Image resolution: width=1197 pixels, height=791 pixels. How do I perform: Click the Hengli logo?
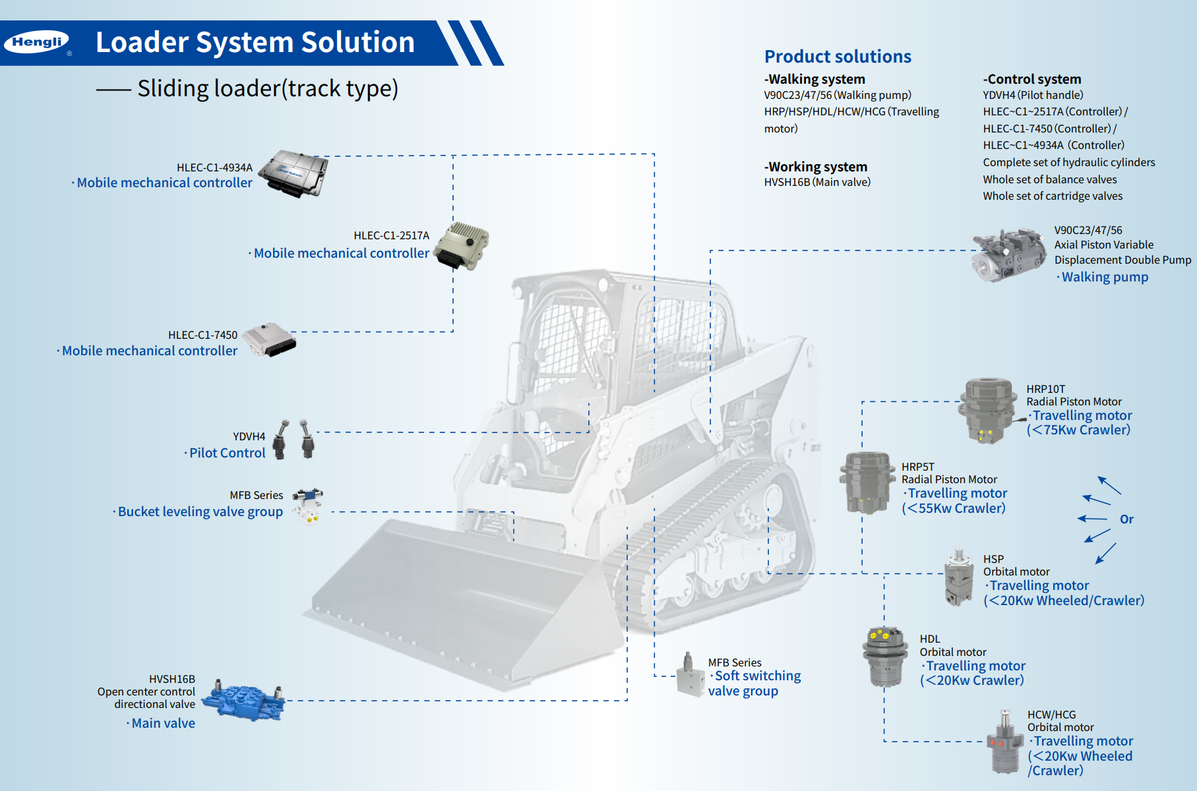37,42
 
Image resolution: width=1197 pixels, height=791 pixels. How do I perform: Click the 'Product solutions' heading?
838,57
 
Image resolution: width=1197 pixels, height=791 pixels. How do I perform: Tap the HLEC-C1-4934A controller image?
293,173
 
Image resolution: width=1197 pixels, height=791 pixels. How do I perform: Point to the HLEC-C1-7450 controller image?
269,339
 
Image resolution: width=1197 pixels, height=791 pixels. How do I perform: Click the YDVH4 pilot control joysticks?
294,439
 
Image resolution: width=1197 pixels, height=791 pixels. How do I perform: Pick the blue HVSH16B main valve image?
243,701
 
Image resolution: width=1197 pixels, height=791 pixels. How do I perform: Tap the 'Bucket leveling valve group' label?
200,512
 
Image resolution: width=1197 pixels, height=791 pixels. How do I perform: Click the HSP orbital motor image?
958,578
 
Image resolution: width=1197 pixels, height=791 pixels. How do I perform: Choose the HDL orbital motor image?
884,657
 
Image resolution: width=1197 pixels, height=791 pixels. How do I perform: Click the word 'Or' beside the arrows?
1126,519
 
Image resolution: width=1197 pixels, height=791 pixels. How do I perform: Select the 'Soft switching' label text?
758,676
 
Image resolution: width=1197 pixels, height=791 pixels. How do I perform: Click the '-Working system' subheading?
816,167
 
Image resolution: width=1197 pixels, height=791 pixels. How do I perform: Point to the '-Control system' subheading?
1032,79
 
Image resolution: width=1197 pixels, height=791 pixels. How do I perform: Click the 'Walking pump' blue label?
1105,278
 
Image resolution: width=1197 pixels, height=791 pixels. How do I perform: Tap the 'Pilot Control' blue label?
227,453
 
